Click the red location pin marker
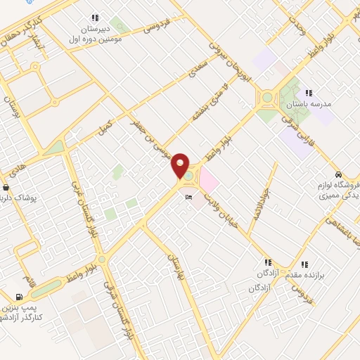pyautogui.click(x=180, y=167)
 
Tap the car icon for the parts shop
pyautogui.click(x=338, y=174)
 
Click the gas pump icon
pyautogui.click(x=18, y=298)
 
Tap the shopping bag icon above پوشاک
pyautogui.click(x=7, y=188)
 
